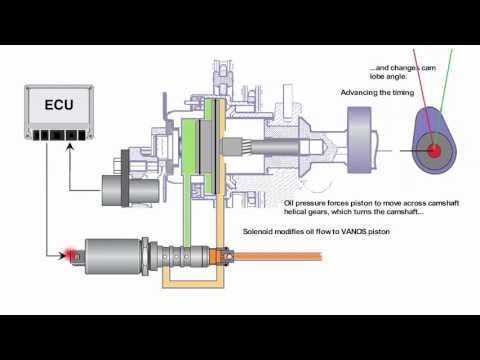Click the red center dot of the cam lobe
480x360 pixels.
click(x=435, y=151)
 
